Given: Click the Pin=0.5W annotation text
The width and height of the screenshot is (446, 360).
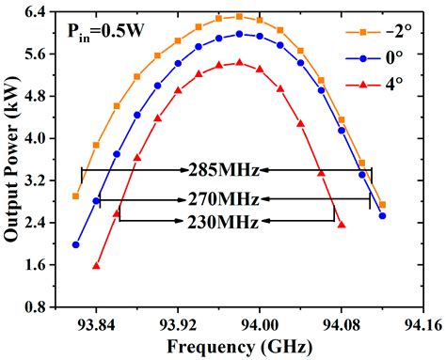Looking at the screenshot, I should [x=105, y=31].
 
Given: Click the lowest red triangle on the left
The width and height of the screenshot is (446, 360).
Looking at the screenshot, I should [x=96, y=266].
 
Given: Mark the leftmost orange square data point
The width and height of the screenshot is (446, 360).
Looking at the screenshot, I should [x=76, y=196].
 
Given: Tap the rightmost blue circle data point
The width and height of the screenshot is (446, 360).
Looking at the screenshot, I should [x=382, y=215].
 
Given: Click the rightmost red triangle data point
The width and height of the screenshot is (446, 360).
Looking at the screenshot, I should [x=341, y=225].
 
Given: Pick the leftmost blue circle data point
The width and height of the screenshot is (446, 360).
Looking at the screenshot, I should [x=76, y=244].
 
